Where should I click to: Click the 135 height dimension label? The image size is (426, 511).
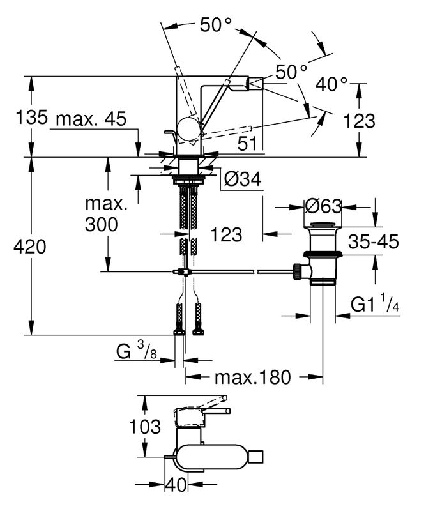(x=31, y=118)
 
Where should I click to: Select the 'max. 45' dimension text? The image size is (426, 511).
(x=91, y=119)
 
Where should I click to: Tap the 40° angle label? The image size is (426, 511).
(x=333, y=84)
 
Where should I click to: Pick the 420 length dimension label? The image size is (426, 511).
(x=30, y=247)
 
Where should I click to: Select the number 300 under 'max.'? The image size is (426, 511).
(x=102, y=224)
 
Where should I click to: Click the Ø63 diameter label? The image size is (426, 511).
(x=324, y=207)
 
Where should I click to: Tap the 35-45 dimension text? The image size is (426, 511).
(x=374, y=241)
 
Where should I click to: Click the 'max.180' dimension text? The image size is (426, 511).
(x=252, y=377)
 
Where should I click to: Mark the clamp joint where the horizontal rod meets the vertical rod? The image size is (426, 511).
(x=184, y=272)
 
